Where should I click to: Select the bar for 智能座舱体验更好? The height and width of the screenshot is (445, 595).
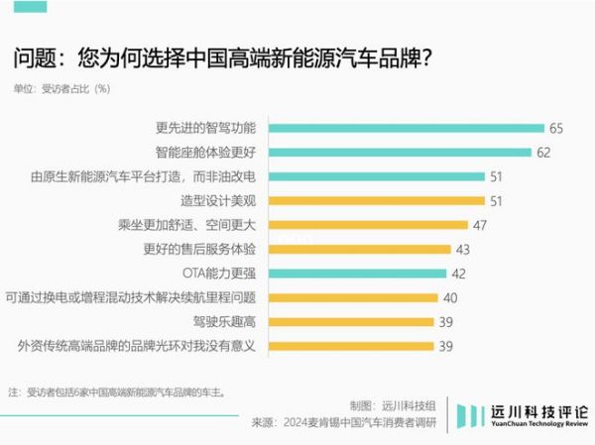pos(400,153)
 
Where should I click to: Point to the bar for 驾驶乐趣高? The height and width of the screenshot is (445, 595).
pos(350,321)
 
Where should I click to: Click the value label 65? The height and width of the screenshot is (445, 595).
pos(555,129)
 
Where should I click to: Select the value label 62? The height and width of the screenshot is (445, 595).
pos(543,153)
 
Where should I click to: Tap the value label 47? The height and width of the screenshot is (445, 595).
pos(480,225)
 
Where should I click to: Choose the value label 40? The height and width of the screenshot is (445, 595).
pos(449,297)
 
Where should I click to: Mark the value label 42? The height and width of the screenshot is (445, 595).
pos(458,273)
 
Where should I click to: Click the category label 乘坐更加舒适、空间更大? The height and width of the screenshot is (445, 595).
pos(187,225)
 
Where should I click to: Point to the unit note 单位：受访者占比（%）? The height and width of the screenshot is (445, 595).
pos(61,88)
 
